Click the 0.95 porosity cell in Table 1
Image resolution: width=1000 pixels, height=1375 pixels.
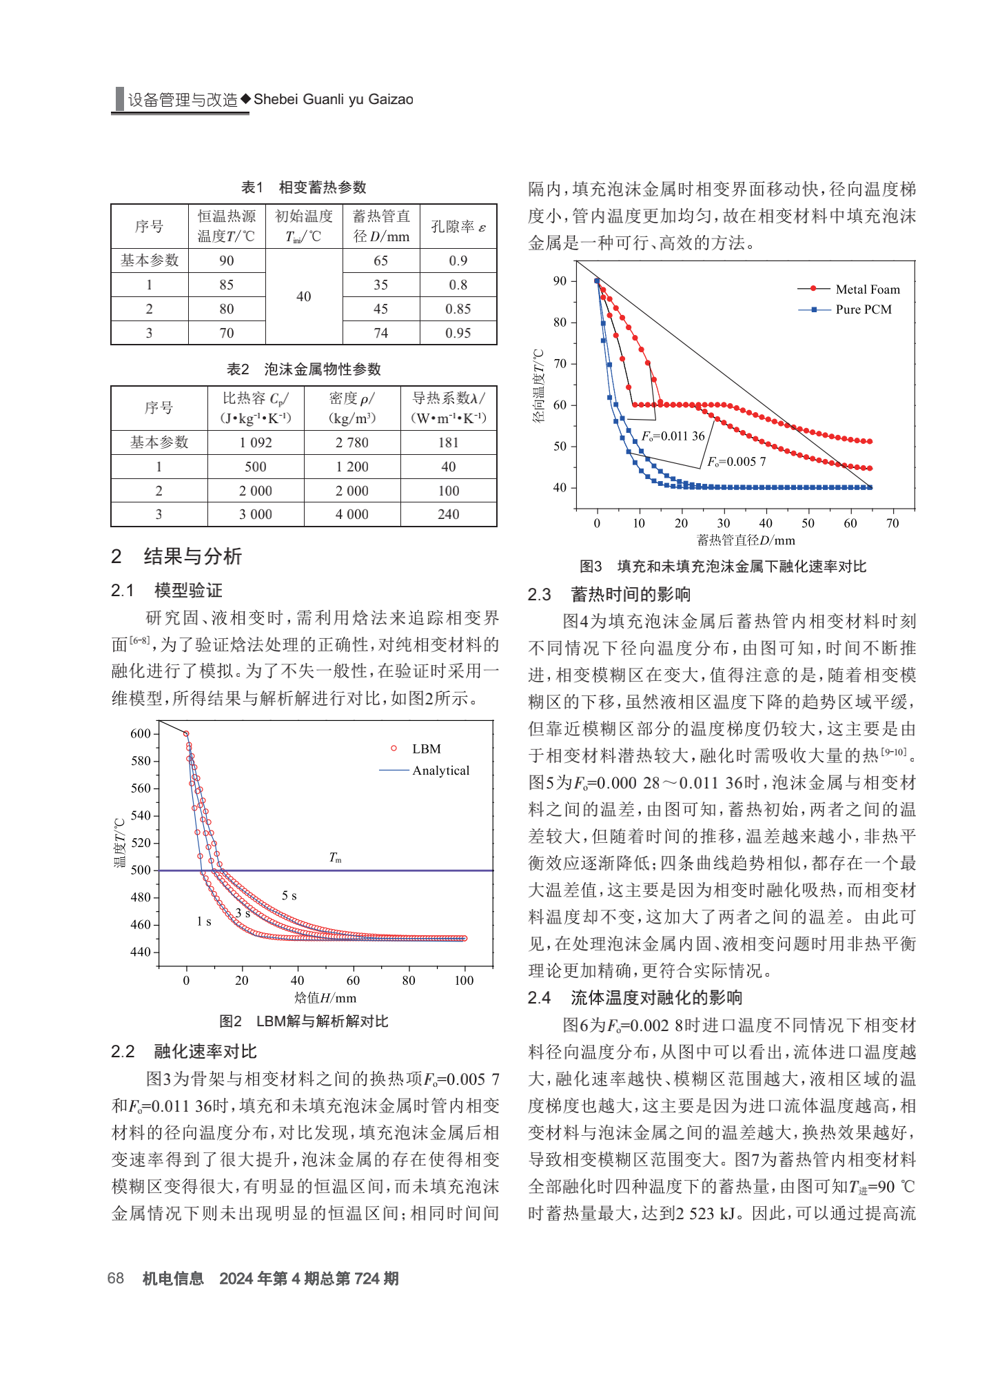(458, 333)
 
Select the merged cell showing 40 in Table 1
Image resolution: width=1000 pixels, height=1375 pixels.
(304, 296)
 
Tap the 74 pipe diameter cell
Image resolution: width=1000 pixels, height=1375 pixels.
(381, 333)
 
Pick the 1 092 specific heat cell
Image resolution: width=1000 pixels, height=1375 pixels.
(256, 442)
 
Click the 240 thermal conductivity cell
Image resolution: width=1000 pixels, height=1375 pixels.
(449, 514)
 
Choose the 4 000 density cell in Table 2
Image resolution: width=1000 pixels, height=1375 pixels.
(352, 514)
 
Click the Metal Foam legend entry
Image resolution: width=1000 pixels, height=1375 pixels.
(848, 289)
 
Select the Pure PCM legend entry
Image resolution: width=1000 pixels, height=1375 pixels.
(845, 309)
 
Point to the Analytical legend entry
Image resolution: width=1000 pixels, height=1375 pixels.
(425, 771)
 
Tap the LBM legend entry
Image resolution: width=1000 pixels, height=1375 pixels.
(416, 748)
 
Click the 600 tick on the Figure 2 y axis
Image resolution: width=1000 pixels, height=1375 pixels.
(141, 733)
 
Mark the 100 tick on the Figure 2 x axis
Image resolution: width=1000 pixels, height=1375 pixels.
(464, 980)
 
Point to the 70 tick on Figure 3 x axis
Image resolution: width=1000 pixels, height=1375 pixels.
(892, 523)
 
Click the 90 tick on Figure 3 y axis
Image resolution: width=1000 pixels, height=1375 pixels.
(560, 281)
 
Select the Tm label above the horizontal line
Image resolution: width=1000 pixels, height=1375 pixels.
(336, 857)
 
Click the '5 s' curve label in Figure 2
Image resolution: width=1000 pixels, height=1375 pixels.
(289, 895)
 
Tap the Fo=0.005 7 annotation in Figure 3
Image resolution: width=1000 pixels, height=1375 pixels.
(737, 461)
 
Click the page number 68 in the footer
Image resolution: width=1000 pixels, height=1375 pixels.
(116, 1279)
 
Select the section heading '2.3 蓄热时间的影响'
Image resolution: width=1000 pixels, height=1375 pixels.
(609, 594)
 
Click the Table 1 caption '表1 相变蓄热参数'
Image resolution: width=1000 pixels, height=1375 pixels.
(304, 187)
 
